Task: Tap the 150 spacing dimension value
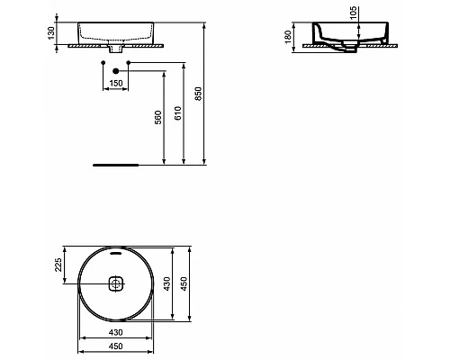pos(115,84)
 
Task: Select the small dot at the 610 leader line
pos(130,63)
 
